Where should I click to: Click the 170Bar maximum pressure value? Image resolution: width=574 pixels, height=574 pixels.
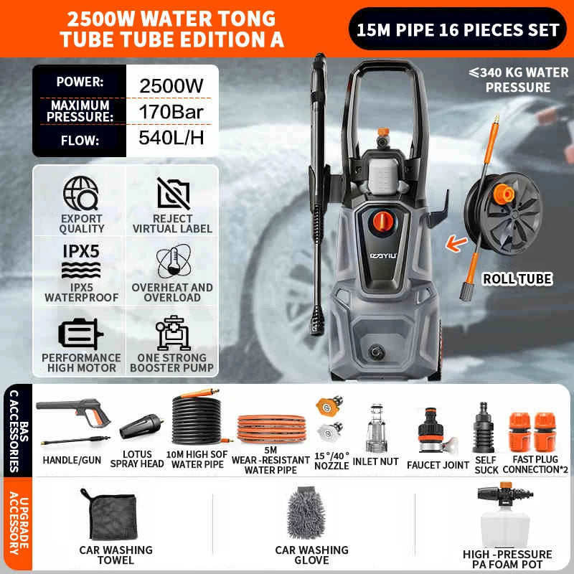[171, 112]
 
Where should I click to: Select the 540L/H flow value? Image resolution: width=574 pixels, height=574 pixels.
[171, 138]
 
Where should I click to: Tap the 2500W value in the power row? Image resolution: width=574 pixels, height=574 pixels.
[171, 86]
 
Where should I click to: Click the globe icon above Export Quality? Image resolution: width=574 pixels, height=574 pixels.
[80, 193]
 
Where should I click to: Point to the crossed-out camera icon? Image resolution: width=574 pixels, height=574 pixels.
[174, 194]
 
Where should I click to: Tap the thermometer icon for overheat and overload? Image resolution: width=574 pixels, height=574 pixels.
[174, 261]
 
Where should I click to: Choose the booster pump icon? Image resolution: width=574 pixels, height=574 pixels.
[172, 333]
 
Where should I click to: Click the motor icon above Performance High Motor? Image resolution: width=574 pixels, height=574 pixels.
[80, 333]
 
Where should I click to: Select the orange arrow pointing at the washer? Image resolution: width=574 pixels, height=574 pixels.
[456, 244]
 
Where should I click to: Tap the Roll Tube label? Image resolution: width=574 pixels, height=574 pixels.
[517, 279]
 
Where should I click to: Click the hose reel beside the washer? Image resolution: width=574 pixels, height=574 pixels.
[504, 213]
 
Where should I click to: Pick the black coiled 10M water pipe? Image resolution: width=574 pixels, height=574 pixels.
[198, 418]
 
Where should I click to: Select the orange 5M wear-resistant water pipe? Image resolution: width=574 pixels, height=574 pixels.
[272, 428]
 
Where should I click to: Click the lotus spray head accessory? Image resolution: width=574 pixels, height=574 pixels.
[141, 426]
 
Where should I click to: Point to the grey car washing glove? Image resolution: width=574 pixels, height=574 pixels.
[306, 512]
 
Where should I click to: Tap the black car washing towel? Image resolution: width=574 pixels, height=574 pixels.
[110, 515]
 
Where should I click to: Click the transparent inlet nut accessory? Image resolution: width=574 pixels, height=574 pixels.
[376, 428]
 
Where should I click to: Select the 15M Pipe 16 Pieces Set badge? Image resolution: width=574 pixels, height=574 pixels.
[458, 29]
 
